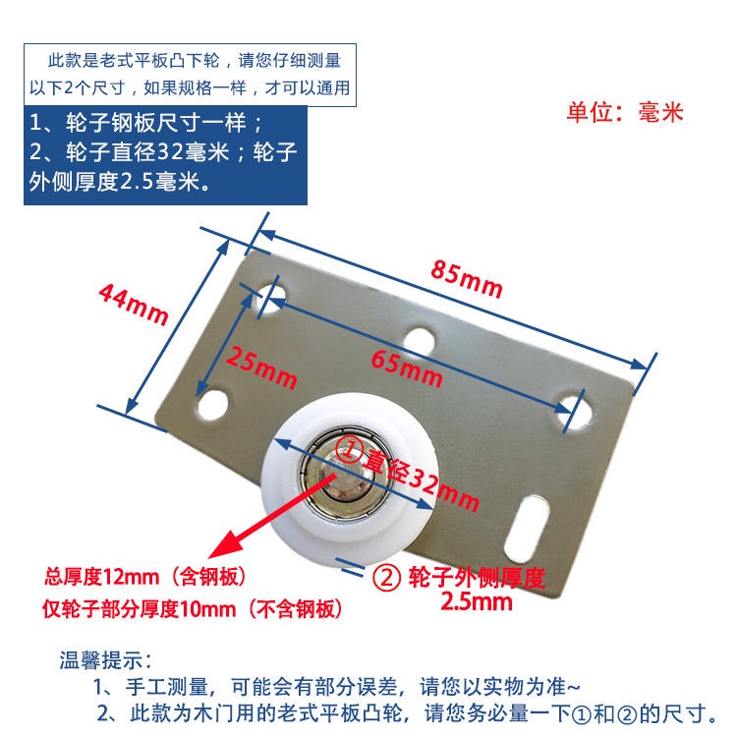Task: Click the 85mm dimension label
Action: coord(467,279)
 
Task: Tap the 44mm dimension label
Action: coord(134,304)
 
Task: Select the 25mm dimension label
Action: coord(261,368)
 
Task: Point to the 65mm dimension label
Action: coord(407,368)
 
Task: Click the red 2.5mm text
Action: coord(477,601)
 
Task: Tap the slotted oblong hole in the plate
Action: coord(527,529)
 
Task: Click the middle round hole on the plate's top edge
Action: coord(420,342)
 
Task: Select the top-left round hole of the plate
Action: coord(271,298)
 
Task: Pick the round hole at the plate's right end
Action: coord(576,413)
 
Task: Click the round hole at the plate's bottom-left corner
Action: coord(213,405)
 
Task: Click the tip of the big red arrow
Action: coord(209,558)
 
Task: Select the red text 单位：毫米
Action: coord(625,112)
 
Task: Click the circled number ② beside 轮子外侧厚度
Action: coord(386,578)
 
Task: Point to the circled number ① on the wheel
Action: coord(348,448)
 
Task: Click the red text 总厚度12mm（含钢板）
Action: coord(144,577)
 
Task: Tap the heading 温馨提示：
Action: coord(105,660)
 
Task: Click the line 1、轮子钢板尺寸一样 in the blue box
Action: coord(145,123)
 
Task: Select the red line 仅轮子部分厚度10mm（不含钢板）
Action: coord(192,609)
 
